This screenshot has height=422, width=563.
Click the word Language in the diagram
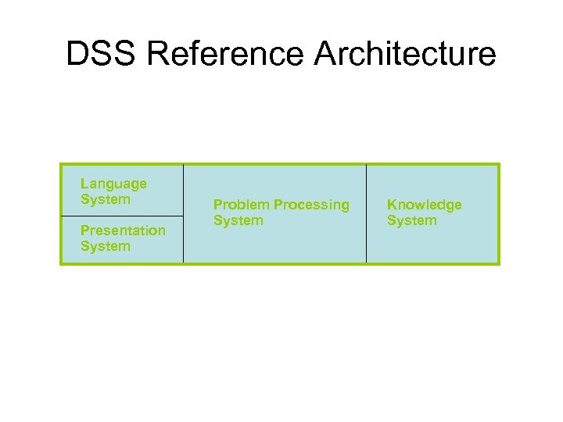point(113,184)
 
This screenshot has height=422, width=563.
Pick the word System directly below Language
point(105,199)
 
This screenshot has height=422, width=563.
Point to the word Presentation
point(123,231)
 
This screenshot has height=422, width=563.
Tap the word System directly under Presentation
point(105,246)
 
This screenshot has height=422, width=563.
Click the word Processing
point(311,205)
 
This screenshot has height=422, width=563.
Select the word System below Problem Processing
point(238,220)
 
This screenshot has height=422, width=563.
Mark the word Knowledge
point(425,205)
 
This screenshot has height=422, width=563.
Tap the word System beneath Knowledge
point(411,220)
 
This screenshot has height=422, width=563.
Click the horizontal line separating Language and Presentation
point(122,215)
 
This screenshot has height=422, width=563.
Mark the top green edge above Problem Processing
point(274,164)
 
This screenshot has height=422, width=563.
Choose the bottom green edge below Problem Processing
point(274,263)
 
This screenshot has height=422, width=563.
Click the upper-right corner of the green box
point(498,164)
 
